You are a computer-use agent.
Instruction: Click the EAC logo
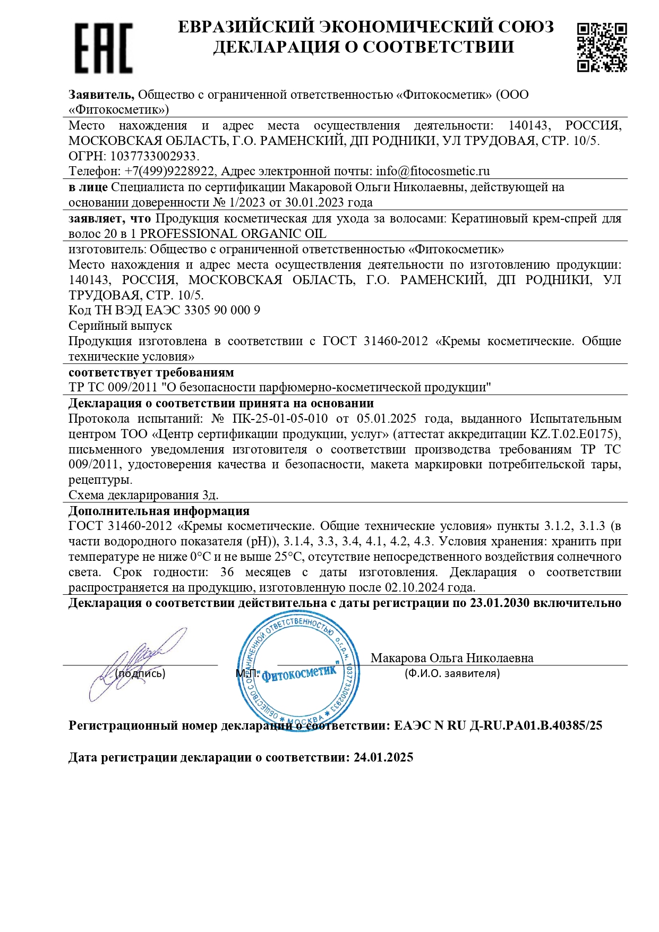click(103, 48)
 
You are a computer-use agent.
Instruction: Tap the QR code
click(602, 47)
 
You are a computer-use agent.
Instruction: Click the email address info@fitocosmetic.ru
click(433, 172)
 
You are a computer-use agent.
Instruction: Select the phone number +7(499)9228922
click(169, 172)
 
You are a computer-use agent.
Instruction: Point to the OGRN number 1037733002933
click(153, 156)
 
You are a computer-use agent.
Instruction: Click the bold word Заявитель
click(101, 95)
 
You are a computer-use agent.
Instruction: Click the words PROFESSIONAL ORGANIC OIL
click(233, 234)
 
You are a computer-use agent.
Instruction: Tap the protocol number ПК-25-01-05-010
click(280, 418)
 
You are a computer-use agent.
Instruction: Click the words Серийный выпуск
click(120, 326)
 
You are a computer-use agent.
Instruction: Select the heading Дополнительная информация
click(159, 511)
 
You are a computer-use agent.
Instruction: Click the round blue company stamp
click(298, 672)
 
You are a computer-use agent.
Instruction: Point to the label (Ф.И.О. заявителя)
click(452, 673)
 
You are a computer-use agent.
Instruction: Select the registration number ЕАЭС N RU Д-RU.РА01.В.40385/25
click(498, 725)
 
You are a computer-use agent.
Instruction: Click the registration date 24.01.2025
click(383, 757)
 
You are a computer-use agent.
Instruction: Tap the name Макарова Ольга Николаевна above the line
click(452, 658)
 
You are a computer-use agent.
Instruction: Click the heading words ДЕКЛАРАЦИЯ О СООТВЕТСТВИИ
click(364, 47)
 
